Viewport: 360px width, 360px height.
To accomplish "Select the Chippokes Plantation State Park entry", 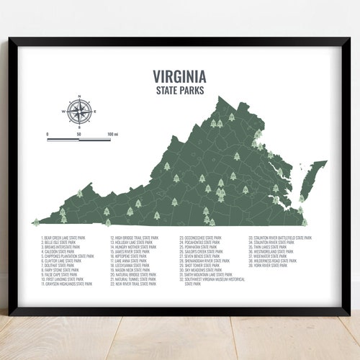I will pyautogui.click(x=68, y=256).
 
